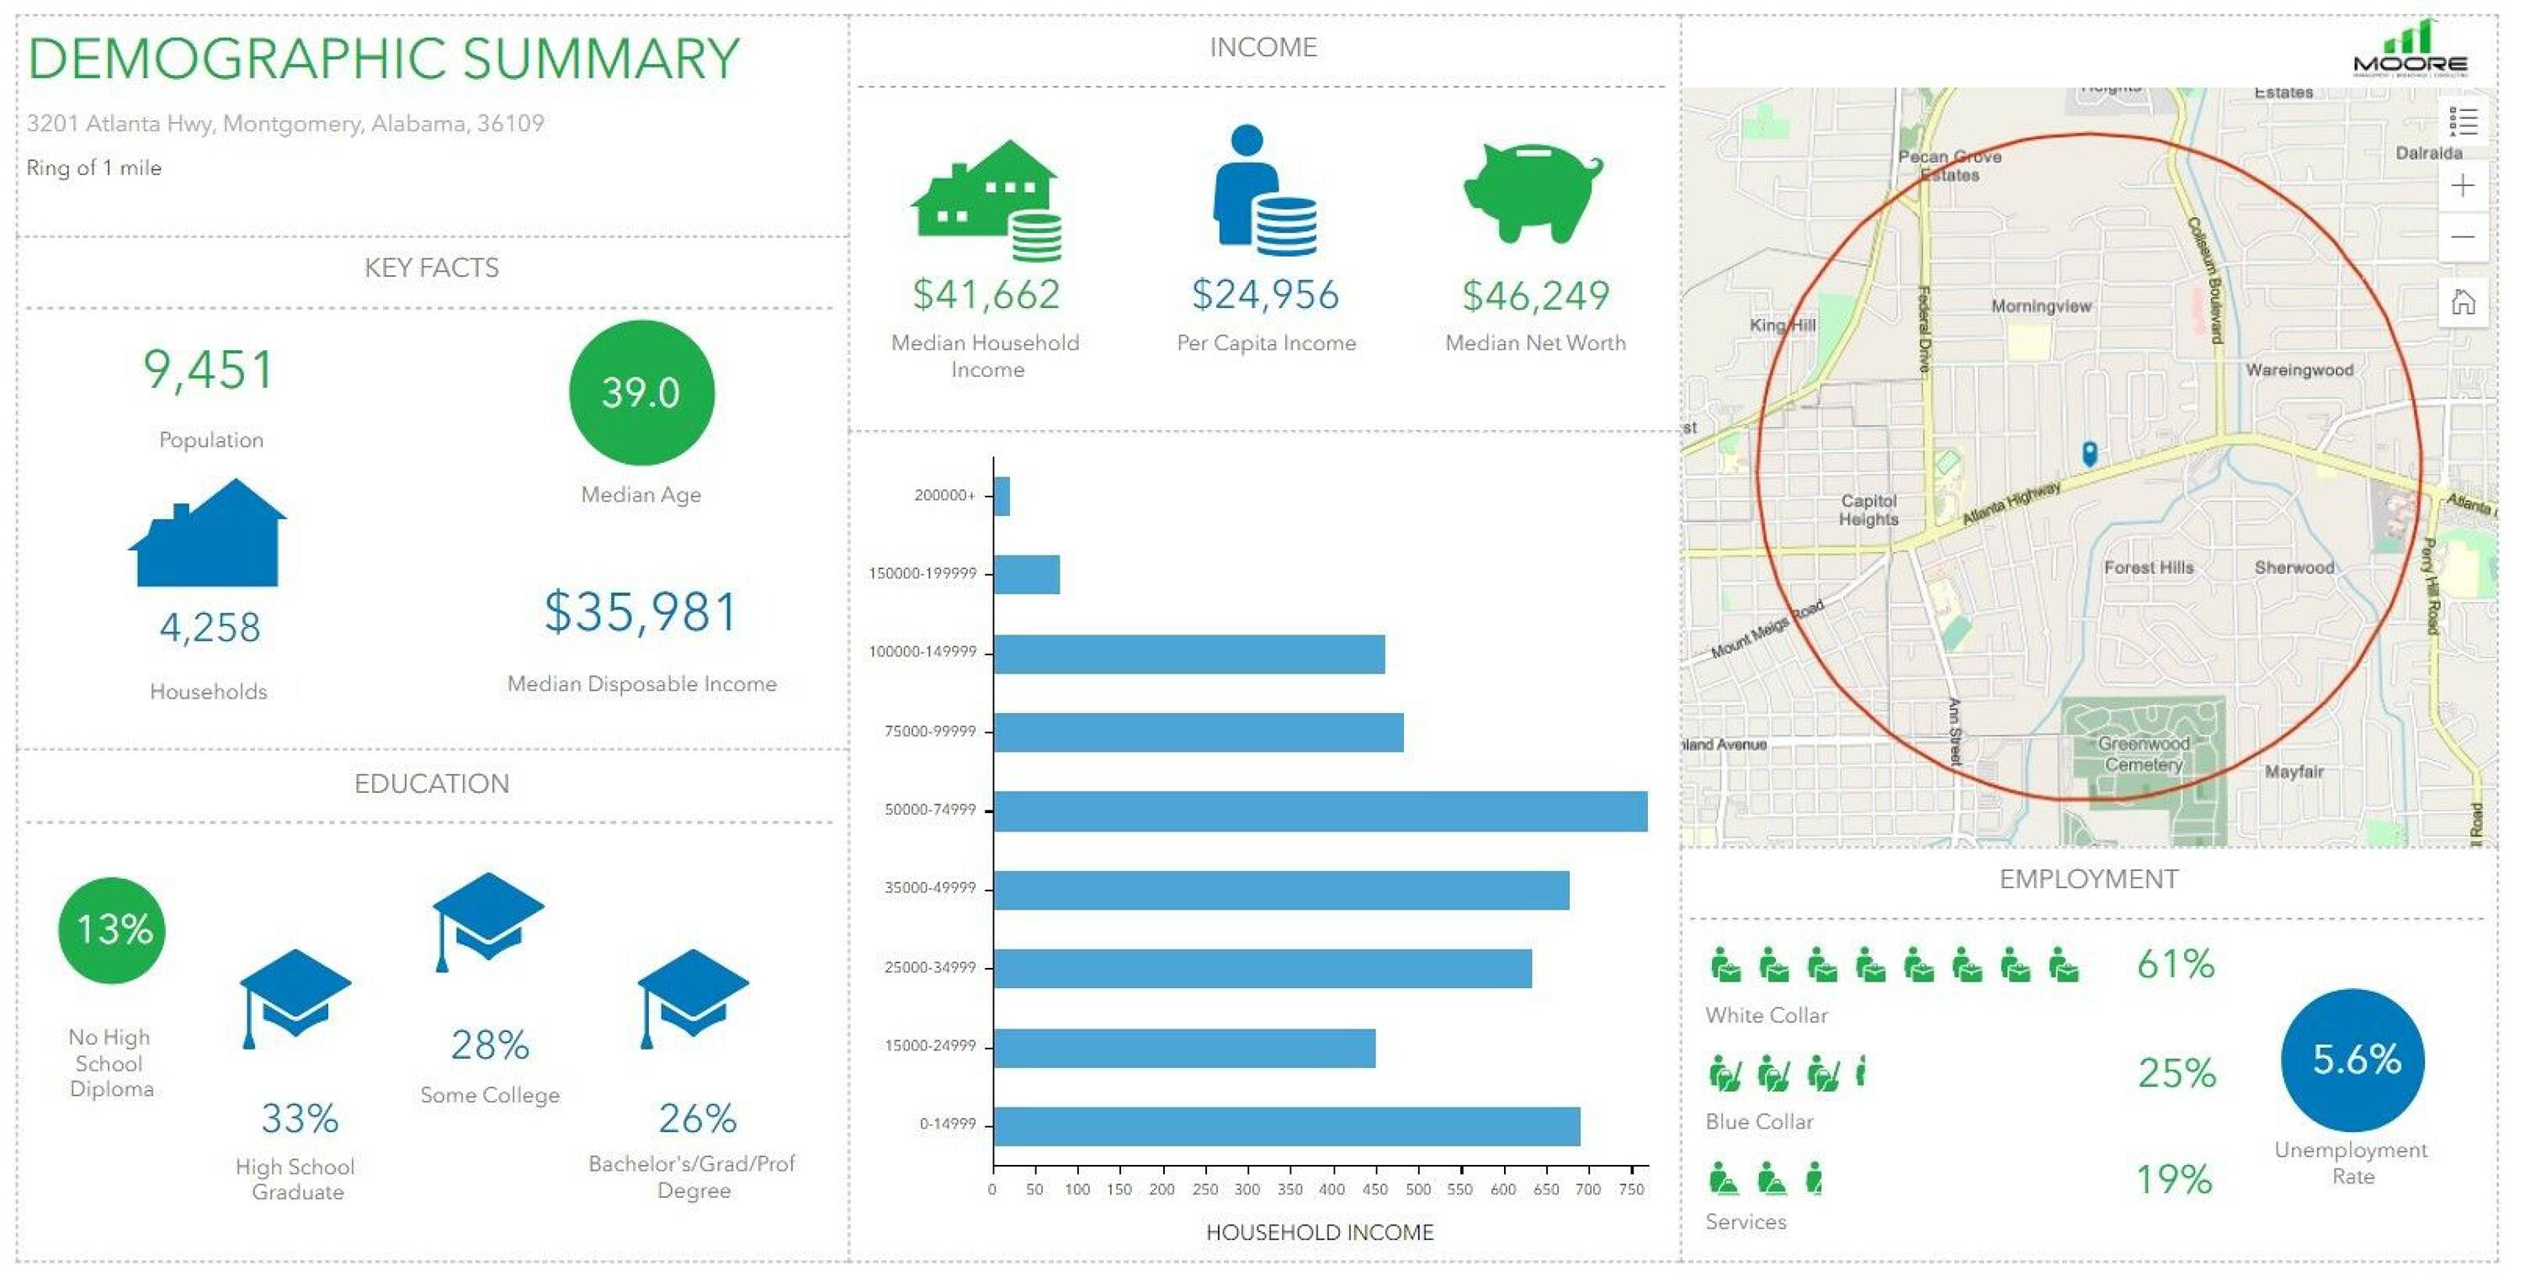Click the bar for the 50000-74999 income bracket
tap(1320, 811)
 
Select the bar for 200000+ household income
tap(1001, 496)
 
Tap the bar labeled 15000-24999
tap(1184, 1048)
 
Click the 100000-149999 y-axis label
tap(922, 652)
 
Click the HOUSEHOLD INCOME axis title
tap(1320, 1233)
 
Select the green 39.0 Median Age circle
tap(641, 393)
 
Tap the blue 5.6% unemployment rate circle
tap(2352, 1061)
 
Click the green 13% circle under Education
tap(113, 930)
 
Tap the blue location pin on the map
tap(2089, 453)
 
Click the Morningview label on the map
tap(2041, 306)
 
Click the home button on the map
tap(2462, 303)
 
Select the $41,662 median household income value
tap(986, 295)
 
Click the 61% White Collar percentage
tap(2175, 965)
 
